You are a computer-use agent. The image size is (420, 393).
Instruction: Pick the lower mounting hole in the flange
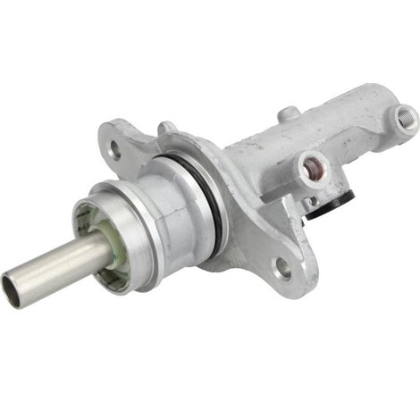(282, 265)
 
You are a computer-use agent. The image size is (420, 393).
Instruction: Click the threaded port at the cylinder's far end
(407, 113)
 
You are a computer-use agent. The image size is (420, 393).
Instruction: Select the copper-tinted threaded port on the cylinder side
(312, 163)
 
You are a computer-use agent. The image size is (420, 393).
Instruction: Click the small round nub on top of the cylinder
(289, 114)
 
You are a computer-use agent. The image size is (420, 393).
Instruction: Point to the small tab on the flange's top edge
(166, 128)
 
